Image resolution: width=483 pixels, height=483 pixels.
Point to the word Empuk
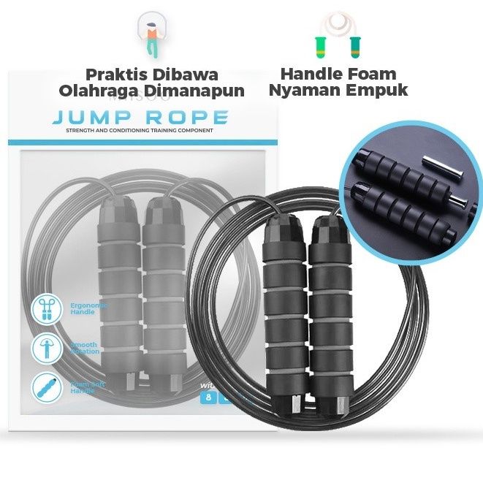pos(376,91)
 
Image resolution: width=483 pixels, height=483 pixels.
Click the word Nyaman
pos(303,91)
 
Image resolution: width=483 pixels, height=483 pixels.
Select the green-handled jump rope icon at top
pos(338,35)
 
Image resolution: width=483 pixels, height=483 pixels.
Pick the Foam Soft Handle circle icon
pos(45,387)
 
